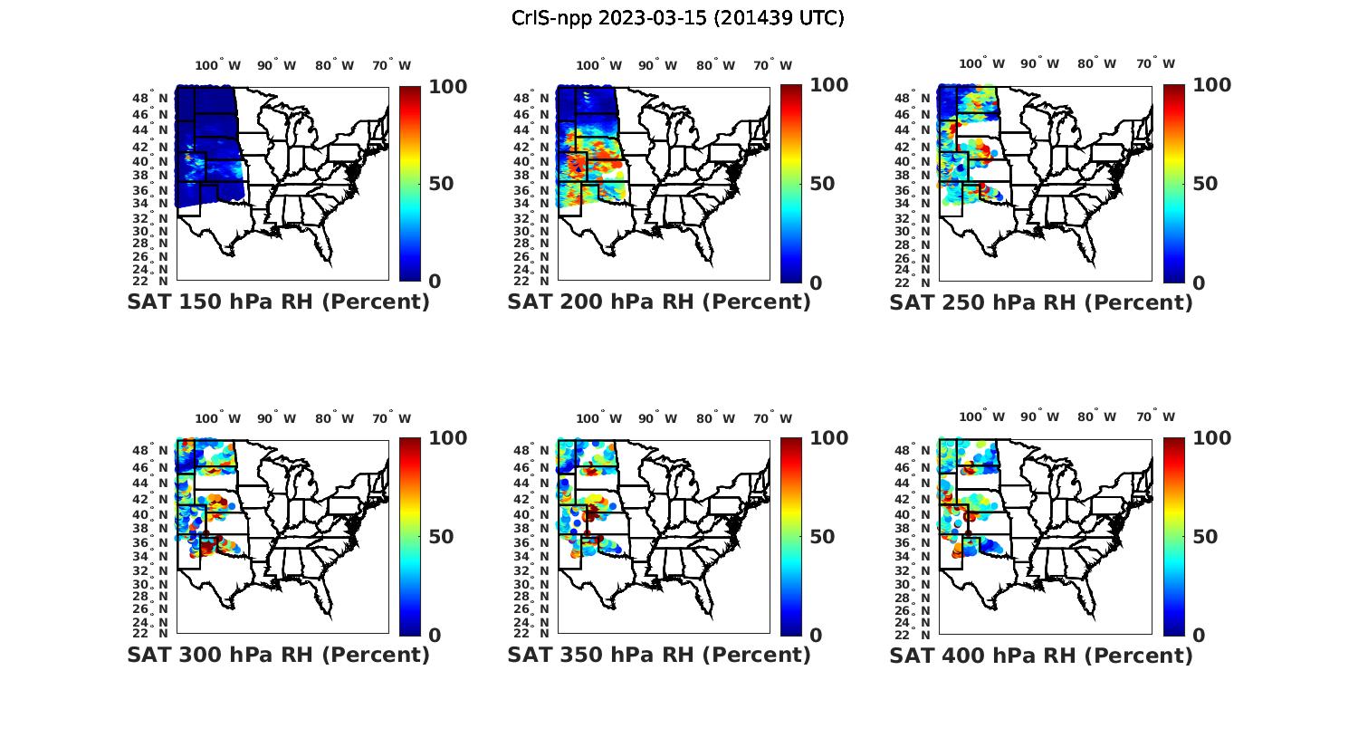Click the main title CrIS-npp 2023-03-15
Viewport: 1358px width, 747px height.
tap(678, 18)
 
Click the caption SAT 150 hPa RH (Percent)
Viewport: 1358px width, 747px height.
tap(278, 302)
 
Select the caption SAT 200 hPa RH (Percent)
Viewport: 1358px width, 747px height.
tap(659, 302)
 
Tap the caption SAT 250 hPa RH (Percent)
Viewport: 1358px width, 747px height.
tap(1041, 302)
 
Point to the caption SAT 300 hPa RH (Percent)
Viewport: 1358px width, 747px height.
tap(278, 654)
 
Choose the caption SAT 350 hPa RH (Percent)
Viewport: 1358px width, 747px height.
tap(659, 654)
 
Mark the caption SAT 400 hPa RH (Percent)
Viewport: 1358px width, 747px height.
tap(1041, 654)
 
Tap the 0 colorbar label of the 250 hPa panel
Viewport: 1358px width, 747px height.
tap(1199, 283)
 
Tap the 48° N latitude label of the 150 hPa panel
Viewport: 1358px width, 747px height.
tap(151, 98)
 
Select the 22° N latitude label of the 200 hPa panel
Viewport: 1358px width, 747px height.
tap(532, 281)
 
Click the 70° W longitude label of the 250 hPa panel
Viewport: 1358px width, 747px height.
tap(1156, 63)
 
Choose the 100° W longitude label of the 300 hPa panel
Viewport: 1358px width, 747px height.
tap(217, 418)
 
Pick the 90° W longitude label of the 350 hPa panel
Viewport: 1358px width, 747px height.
tap(657, 418)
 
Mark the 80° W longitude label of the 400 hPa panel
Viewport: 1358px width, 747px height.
tap(1097, 417)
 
